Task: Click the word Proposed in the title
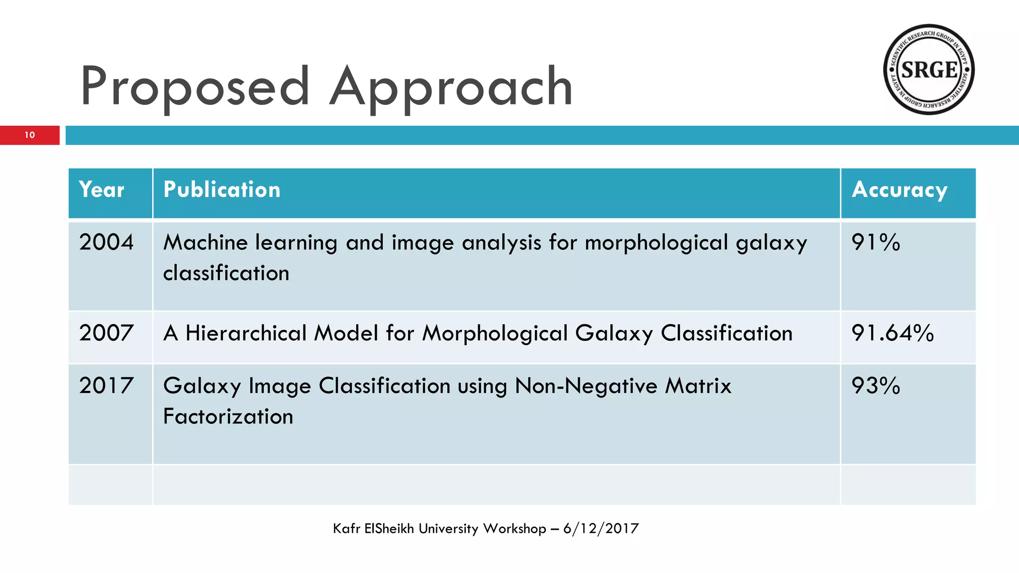195,87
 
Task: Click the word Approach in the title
451,87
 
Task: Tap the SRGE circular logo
928,70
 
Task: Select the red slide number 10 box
30,135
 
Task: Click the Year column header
102,190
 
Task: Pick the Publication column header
222,190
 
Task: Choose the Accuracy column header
900,190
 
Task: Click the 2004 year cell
106,242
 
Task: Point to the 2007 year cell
106,333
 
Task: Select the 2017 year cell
106,385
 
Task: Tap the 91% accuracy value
876,242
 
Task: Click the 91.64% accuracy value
893,333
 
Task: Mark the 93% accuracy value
876,385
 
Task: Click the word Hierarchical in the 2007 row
246,333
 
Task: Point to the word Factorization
228,416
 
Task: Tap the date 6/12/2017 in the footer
601,528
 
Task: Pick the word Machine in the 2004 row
205,242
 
